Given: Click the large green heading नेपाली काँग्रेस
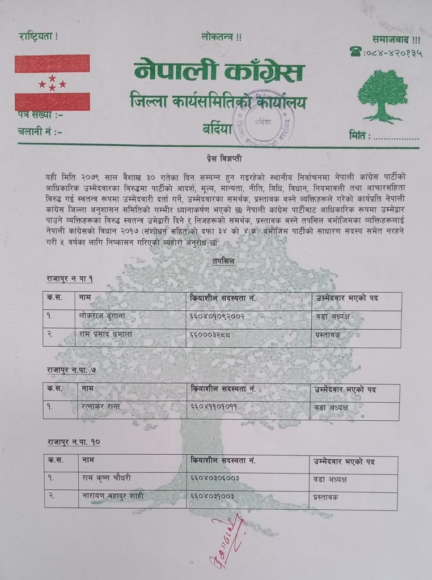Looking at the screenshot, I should pyautogui.click(x=219, y=72).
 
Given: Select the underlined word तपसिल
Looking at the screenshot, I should pyautogui.click(x=220, y=262).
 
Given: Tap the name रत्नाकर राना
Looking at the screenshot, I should pyautogui.click(x=101, y=407).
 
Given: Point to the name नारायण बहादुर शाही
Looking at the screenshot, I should pyautogui.click(x=113, y=497).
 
